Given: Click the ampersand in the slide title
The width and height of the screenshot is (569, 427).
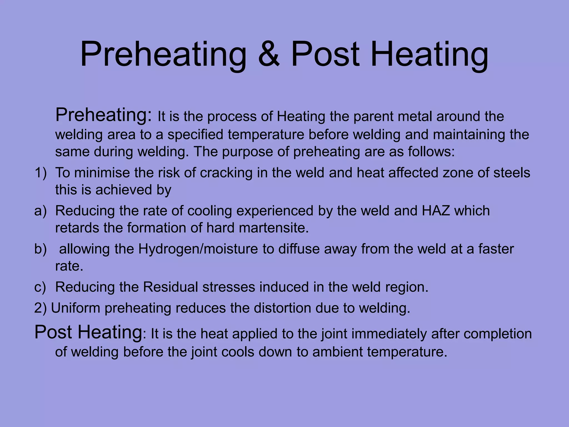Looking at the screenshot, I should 269,54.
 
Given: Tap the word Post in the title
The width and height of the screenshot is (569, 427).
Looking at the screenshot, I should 325,54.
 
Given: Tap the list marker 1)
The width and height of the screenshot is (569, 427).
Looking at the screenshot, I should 41,173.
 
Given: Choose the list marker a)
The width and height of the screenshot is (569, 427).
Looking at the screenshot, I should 41,211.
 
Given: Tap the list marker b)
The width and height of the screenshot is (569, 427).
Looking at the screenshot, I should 41,249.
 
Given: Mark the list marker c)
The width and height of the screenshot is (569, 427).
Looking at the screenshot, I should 41,287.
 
